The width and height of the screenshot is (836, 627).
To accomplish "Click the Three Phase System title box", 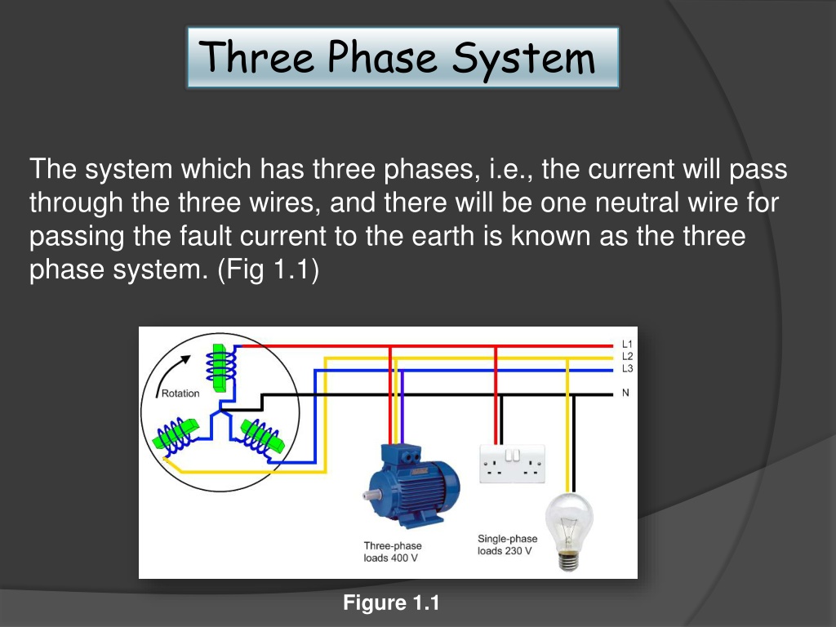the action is click(402, 58).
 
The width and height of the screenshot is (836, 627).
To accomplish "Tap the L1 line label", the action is click(627, 345).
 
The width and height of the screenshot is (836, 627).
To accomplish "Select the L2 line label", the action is click(627, 357).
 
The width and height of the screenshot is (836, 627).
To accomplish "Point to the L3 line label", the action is click(627, 369).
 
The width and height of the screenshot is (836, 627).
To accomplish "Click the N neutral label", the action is click(626, 393).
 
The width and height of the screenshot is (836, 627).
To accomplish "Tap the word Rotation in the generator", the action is click(180, 394).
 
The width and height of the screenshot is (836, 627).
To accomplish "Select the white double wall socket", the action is click(512, 464).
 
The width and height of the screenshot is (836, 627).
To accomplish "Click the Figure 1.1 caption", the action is click(391, 603).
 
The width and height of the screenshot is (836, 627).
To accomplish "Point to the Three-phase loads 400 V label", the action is click(393, 552).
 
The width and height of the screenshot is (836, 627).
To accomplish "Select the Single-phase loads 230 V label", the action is click(507, 545).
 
